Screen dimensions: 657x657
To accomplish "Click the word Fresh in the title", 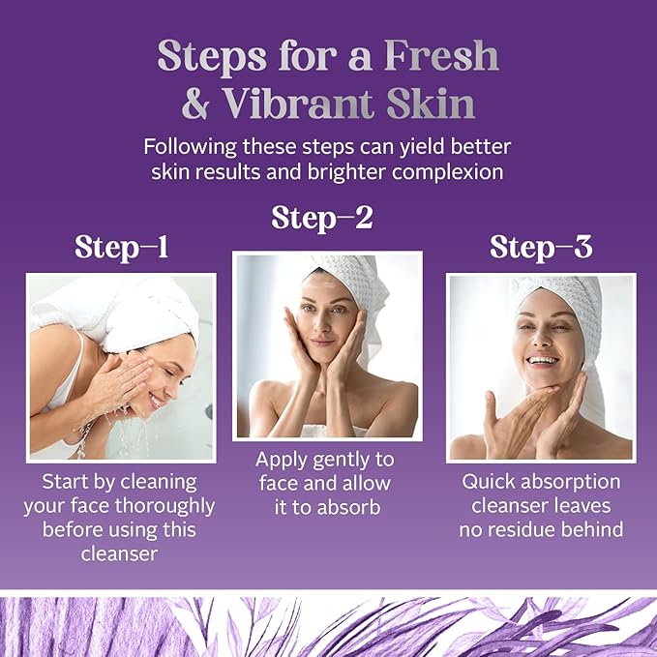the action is tap(441, 55).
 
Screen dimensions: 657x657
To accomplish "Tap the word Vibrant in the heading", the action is tap(298, 104).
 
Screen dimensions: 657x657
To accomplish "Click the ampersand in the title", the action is tap(195, 104).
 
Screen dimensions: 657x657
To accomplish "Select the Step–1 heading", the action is tap(122, 247).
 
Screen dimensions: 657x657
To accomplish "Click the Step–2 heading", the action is tap(322, 218).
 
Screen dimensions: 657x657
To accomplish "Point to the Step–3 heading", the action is tap(541, 247).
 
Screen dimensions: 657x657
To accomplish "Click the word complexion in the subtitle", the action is tap(447, 172).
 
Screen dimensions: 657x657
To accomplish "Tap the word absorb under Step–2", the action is tap(347, 507).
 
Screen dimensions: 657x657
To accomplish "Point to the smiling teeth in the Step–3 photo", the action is tap(543, 360).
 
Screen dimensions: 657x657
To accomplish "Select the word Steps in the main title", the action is tap(212, 56).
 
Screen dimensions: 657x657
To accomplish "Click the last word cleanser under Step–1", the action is tap(119, 553).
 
